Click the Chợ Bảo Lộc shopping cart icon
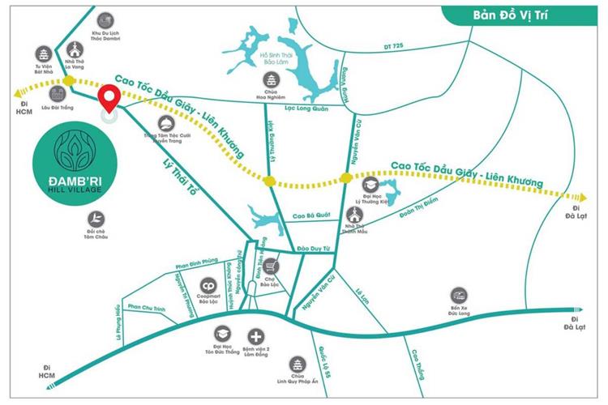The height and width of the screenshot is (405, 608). coord(273,266)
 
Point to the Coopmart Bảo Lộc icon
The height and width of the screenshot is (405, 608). coord(208,287)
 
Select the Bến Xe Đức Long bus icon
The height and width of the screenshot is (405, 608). coord(459,294)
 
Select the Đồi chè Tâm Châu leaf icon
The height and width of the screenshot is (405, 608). coord(96,218)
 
